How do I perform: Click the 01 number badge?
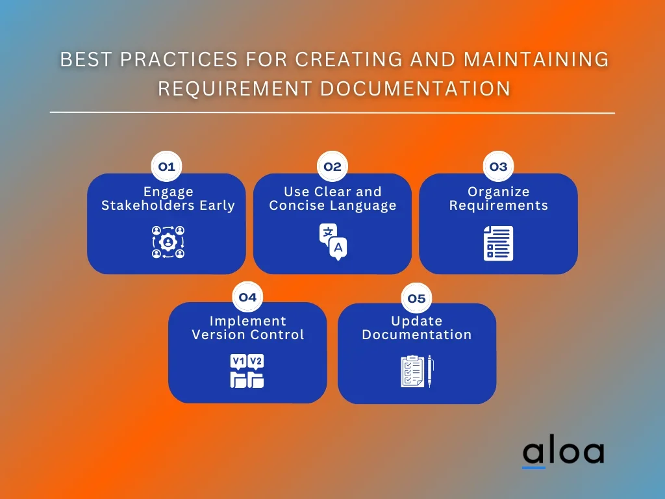tap(167, 167)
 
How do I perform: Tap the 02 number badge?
tap(332, 167)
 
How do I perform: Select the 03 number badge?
tap(498, 167)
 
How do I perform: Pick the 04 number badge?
tap(247, 298)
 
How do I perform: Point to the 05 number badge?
tap(416, 298)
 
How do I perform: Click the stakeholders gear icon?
tap(168, 242)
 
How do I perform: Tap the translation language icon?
tap(332, 242)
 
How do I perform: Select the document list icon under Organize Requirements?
tap(498, 243)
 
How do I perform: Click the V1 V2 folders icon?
tap(247, 372)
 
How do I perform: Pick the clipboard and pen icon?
tap(416, 372)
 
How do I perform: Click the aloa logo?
tap(563, 452)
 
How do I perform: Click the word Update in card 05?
tap(416, 321)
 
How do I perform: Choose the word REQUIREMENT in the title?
tap(234, 88)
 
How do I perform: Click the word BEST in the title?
tap(82, 59)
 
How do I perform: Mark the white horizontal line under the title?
tap(332, 113)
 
